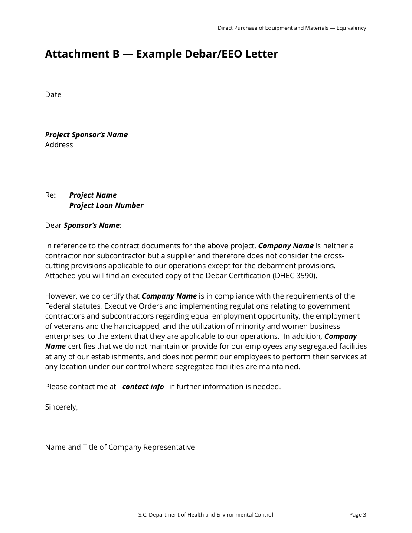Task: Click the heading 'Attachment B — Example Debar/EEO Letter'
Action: click(161, 54)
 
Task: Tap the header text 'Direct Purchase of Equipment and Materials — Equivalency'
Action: click(291, 28)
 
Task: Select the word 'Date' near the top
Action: click(53, 95)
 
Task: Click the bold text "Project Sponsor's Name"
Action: click(86, 135)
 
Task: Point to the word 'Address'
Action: click(59, 145)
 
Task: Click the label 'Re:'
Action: click(50, 195)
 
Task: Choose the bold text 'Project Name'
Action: click(93, 195)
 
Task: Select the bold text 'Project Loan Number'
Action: click(106, 205)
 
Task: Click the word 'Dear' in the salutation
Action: click(53, 225)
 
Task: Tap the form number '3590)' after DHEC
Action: click(307, 276)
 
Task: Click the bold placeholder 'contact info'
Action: click(143, 387)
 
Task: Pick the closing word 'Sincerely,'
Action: click(61, 407)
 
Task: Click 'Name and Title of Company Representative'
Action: click(120, 447)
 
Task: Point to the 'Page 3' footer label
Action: click(357, 515)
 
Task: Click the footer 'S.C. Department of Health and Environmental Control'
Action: click(206, 515)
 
